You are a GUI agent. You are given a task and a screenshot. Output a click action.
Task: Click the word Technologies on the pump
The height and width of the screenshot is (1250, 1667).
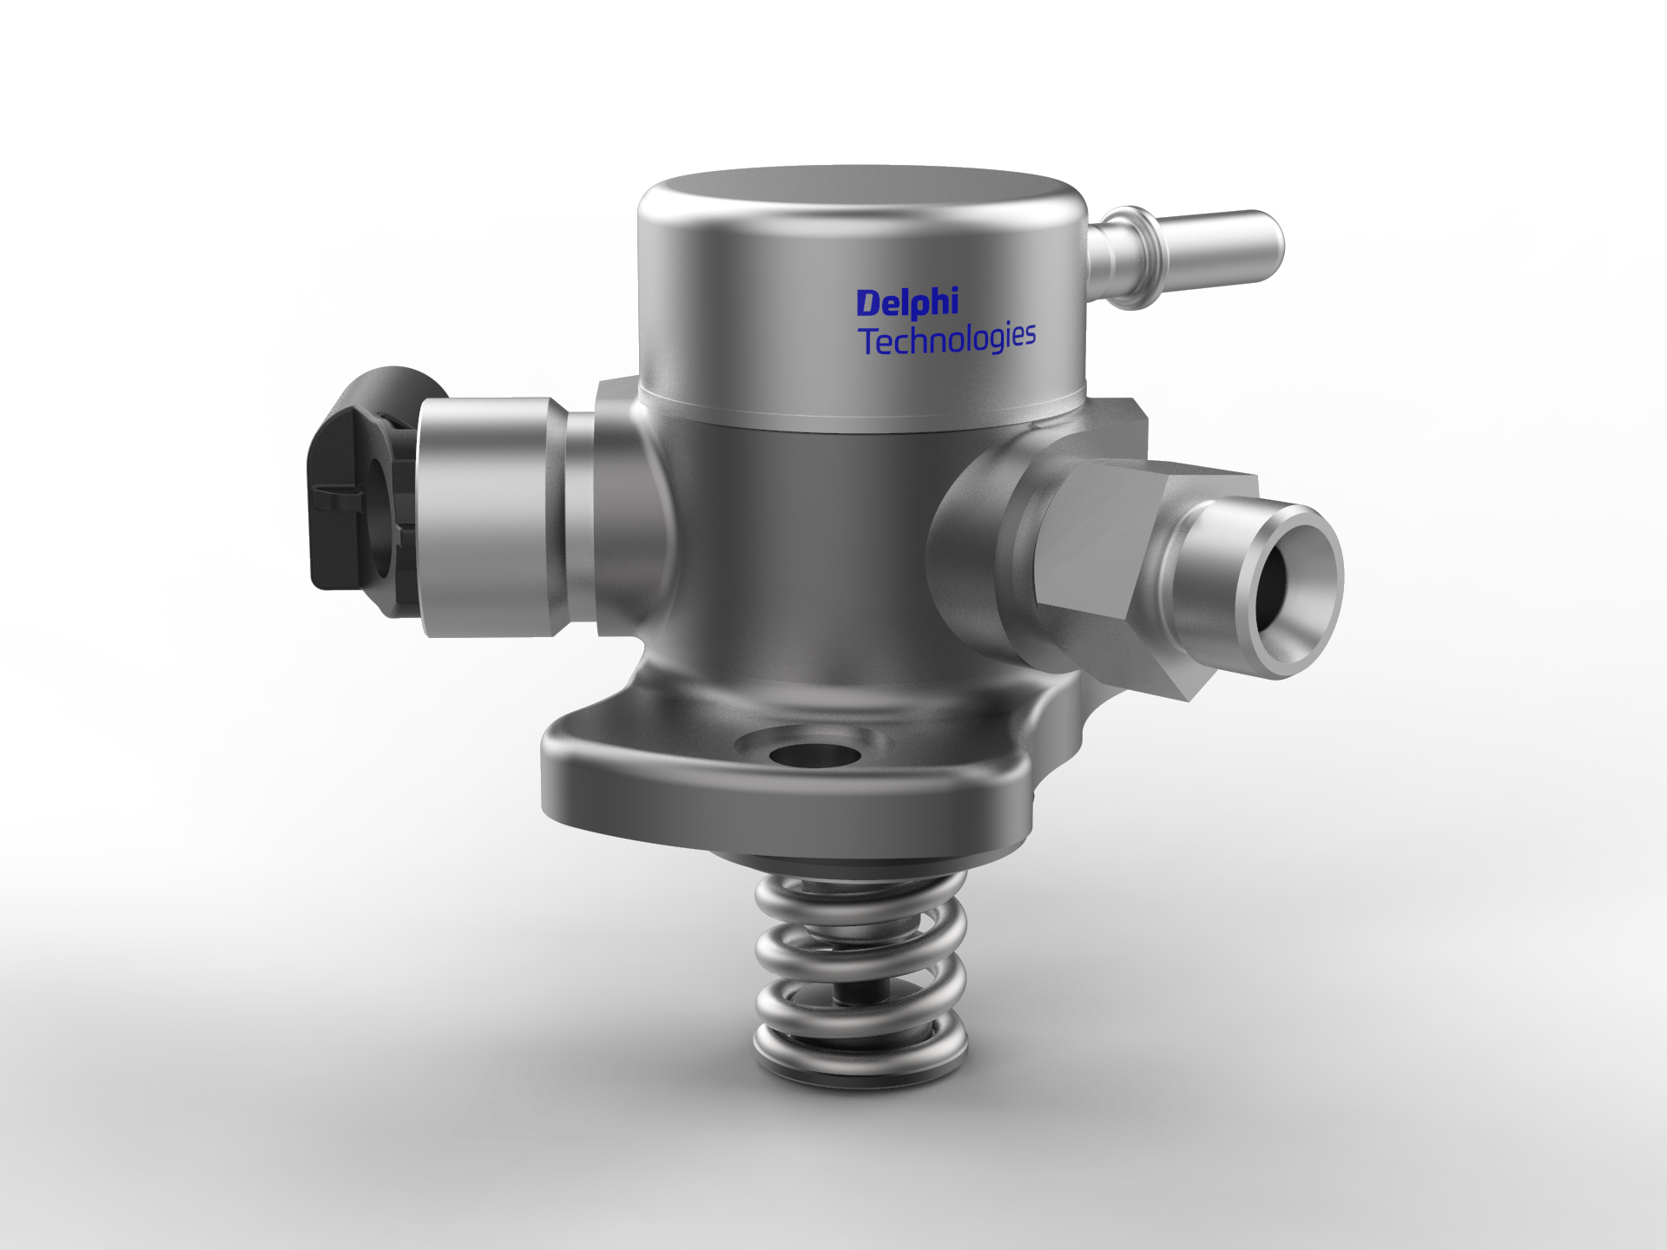point(946,339)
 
